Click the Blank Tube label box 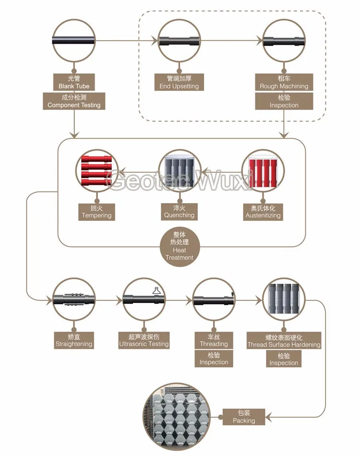(74, 82)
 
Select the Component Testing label (74, 101)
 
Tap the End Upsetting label (179, 82)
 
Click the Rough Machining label (284, 82)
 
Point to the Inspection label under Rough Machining (284, 101)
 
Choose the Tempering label (96, 212)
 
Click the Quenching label (179, 212)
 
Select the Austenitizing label (263, 212)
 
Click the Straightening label (74, 340)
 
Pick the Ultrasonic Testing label (144, 340)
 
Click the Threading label (214, 340)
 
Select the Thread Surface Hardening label (284, 341)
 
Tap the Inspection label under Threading (214, 359)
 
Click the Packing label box (244, 417)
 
